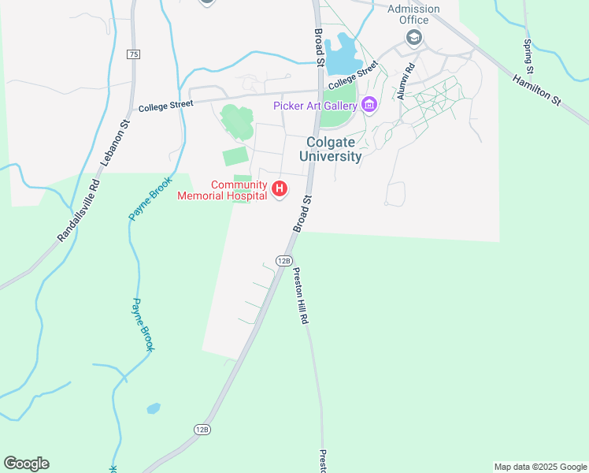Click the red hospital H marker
click(x=279, y=189)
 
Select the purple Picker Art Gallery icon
click(x=369, y=106)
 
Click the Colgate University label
click(x=330, y=148)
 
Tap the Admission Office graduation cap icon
click(x=413, y=37)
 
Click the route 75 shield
click(x=133, y=54)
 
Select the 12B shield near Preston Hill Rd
click(x=284, y=260)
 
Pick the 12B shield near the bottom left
click(x=202, y=429)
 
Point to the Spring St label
click(x=528, y=52)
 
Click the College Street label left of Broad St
click(x=165, y=106)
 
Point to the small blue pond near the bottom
click(x=154, y=408)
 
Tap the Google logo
click(x=26, y=464)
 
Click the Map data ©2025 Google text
click(x=540, y=467)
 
